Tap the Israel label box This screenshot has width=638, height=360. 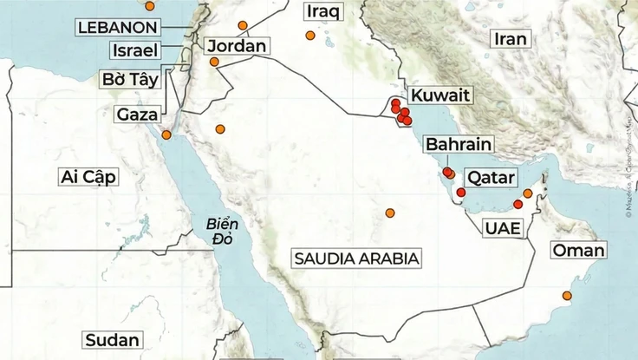click(129, 50)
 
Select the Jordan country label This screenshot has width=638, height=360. click(235, 46)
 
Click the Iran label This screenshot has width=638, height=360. click(511, 39)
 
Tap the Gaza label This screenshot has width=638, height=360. click(137, 114)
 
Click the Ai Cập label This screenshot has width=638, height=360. click(88, 178)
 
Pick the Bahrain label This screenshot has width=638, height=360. click(459, 144)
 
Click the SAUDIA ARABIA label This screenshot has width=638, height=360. click(355, 259)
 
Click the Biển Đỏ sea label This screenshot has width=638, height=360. click(223, 232)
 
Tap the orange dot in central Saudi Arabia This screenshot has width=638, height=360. click(390, 213)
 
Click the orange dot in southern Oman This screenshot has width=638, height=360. click(567, 297)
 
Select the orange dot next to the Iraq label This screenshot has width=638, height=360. click(309, 36)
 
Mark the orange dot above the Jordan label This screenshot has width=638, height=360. click(243, 25)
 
